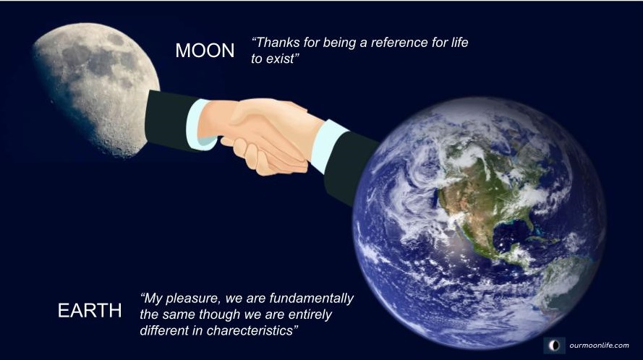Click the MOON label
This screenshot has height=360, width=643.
coord(205,51)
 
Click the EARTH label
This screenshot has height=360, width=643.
coord(90,310)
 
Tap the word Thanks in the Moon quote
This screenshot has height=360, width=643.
coord(272,42)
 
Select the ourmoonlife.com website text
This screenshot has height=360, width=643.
coord(599,346)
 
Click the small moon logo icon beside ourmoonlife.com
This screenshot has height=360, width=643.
coord(555,346)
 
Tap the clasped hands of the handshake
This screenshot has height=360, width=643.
coord(263,135)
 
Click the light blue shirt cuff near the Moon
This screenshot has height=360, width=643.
coord(199,124)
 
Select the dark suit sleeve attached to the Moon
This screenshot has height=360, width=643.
coord(170,119)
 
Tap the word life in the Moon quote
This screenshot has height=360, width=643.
coord(460,42)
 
